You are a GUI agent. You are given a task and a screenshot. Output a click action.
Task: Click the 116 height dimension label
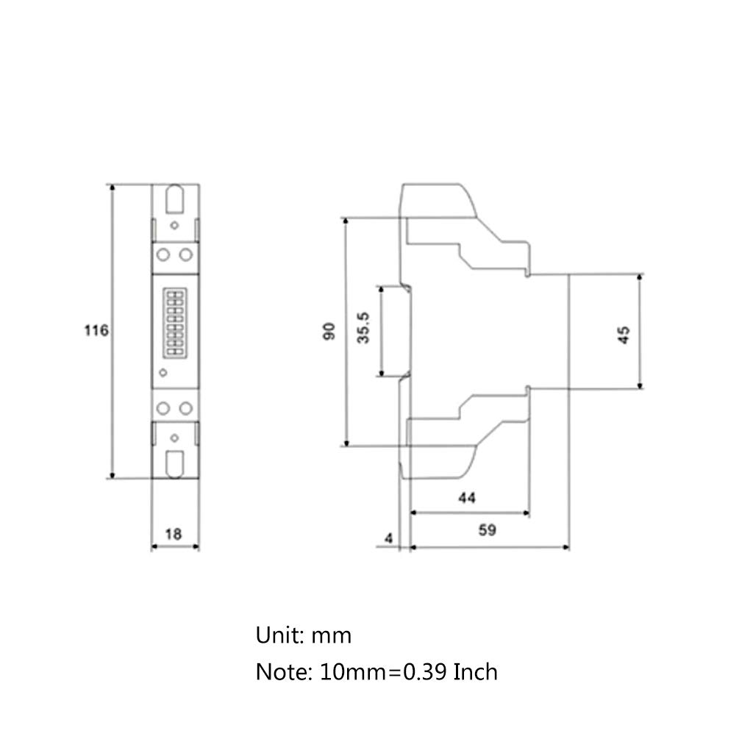pyautogui.click(x=96, y=330)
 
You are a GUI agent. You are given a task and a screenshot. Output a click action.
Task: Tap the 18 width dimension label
pyautogui.click(x=174, y=534)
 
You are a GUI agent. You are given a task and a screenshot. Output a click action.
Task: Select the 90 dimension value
pyautogui.click(x=329, y=332)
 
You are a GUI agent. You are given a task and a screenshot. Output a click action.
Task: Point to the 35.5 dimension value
pyautogui.click(x=363, y=328)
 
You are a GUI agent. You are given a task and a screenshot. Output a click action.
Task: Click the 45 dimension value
pyautogui.click(x=624, y=335)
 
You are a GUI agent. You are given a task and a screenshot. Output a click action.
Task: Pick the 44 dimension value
pyautogui.click(x=467, y=498)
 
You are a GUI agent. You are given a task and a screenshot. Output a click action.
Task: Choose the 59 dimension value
pyautogui.click(x=487, y=530)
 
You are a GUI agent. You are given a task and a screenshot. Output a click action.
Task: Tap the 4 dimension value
pyautogui.click(x=388, y=538)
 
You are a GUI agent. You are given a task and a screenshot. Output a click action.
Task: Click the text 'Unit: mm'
pyautogui.click(x=304, y=635)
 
